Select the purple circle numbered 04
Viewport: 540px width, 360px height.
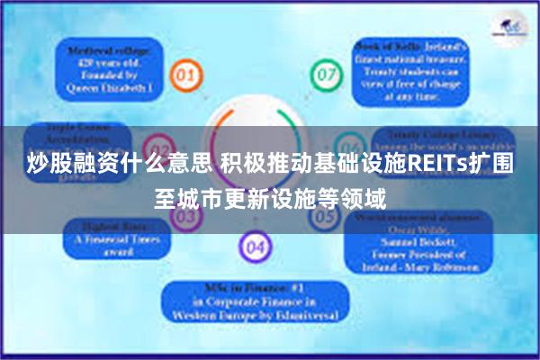255,245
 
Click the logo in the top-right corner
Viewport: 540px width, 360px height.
509,27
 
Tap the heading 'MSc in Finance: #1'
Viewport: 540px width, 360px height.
255,290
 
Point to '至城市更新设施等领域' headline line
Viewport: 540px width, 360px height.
270,198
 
